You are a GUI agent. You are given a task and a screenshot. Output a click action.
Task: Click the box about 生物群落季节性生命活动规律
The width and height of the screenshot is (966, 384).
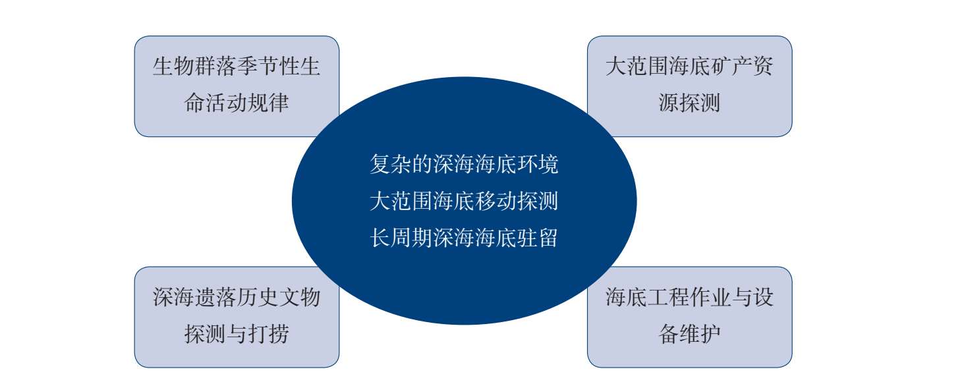[x=237, y=86]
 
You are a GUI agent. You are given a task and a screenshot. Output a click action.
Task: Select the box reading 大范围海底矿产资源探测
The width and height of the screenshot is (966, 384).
[x=689, y=86]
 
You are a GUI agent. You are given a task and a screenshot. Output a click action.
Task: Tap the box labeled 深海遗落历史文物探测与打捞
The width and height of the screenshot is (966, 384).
[x=237, y=317]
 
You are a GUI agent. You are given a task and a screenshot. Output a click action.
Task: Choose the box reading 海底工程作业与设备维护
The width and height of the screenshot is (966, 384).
[x=689, y=317]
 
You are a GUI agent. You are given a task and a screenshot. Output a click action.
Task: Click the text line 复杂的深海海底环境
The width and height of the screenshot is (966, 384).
[x=464, y=164]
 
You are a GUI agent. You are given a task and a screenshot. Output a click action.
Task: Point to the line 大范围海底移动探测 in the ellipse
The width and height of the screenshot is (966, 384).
[x=464, y=201]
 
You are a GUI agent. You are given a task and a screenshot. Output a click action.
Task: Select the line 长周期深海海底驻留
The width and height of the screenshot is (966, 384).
[x=464, y=238]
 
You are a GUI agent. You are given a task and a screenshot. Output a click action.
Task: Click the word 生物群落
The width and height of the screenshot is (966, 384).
[x=194, y=67]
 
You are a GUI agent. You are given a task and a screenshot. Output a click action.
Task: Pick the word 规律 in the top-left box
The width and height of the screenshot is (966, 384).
[x=268, y=103]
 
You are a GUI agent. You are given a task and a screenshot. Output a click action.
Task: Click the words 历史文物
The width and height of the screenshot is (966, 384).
[x=279, y=297]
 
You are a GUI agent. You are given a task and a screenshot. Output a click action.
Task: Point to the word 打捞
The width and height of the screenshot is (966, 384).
[x=268, y=334]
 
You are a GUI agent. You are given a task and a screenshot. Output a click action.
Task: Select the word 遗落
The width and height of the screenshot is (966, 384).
[x=215, y=297]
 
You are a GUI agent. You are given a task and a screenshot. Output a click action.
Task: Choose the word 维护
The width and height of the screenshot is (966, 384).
[x=700, y=334]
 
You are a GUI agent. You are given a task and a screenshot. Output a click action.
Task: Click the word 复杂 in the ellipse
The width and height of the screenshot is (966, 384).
[x=391, y=164]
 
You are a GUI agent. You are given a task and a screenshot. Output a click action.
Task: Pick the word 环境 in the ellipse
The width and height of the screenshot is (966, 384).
[x=538, y=164]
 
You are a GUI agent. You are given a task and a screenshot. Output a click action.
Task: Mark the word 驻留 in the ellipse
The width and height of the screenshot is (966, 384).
[x=538, y=238]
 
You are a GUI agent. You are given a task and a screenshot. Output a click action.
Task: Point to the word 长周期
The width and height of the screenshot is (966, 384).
[x=401, y=238]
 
